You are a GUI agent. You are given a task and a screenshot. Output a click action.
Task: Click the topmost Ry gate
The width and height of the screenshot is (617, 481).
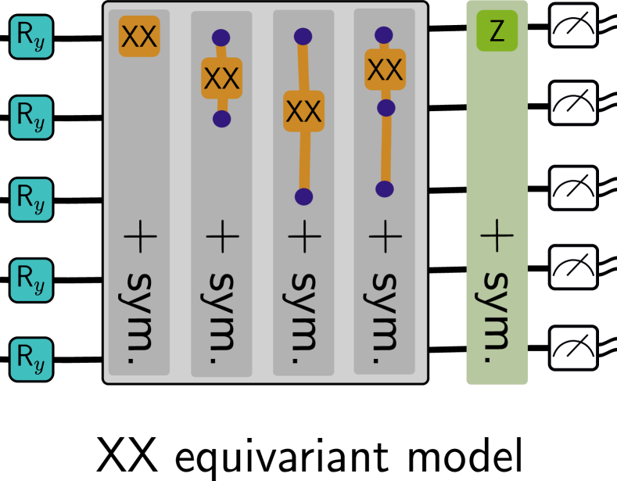point(31,37)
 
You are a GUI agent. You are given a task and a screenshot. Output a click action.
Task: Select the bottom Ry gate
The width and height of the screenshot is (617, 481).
point(31,359)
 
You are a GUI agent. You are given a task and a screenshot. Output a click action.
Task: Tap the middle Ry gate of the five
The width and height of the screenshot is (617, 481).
point(31,199)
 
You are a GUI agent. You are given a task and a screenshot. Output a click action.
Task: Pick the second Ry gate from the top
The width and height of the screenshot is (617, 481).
point(31,117)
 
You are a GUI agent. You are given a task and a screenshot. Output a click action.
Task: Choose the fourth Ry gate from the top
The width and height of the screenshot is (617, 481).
point(31,279)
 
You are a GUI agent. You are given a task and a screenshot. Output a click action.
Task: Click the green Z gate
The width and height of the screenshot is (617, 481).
point(497,31)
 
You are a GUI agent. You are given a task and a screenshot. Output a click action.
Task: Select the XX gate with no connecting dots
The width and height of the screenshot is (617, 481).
point(139,36)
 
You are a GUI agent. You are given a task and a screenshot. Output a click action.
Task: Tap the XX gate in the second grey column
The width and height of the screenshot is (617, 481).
point(221,78)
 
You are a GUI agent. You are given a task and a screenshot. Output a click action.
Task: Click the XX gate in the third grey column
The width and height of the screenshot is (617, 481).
point(303,111)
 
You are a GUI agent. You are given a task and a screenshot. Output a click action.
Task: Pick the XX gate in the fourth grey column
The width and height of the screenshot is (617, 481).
point(385,70)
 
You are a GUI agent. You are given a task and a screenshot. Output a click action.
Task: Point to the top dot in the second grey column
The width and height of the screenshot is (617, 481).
point(221,38)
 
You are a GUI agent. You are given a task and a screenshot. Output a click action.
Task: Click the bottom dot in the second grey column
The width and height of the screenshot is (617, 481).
point(221,119)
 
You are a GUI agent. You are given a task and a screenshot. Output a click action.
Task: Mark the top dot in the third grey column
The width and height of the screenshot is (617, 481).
point(303,36)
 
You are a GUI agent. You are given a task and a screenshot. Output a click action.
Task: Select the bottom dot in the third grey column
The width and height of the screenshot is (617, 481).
point(304,196)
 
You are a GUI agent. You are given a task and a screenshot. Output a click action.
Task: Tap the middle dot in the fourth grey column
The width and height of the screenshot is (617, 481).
point(385,108)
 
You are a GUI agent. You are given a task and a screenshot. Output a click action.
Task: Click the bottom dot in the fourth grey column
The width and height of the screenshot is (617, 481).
point(384,188)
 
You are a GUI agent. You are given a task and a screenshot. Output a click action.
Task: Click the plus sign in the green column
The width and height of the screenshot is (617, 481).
point(497,235)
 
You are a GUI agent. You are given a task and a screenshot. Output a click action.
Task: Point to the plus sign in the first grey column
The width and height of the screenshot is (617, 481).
point(139,235)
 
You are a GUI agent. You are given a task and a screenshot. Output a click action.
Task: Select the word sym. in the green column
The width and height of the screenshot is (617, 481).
point(497,317)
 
